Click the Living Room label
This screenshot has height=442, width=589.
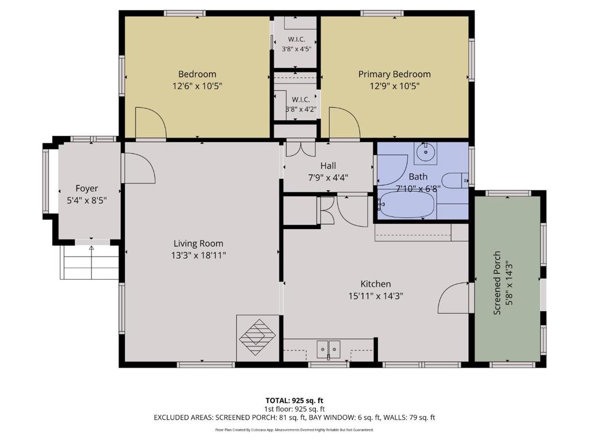point(198,243)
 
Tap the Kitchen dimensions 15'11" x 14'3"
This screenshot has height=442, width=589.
point(376,296)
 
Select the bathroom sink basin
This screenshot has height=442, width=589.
point(426,152)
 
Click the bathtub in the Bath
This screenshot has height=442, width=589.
point(407,205)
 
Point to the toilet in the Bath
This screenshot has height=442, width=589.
point(455,180)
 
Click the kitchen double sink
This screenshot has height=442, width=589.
point(328,349)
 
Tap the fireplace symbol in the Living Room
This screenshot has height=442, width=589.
point(257,337)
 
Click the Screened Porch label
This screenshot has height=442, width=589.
point(496,283)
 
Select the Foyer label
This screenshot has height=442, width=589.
point(87,188)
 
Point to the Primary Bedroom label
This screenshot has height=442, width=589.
point(395,74)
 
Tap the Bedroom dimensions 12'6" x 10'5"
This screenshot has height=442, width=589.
point(197,86)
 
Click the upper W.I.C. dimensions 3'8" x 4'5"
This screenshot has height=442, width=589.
point(296,48)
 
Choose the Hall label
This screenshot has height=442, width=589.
point(328,165)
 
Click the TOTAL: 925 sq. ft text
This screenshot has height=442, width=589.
point(294,401)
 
